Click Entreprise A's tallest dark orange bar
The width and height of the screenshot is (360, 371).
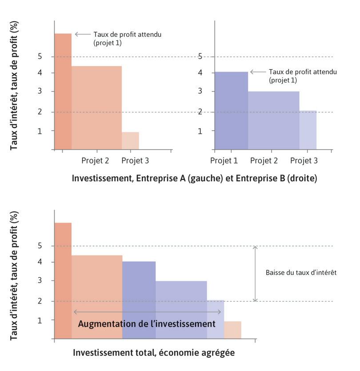[63, 91]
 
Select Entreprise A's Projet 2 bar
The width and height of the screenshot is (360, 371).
[96, 108]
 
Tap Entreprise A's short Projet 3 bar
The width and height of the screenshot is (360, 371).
[130, 140]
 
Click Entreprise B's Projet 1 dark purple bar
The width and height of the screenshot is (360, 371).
[231, 110]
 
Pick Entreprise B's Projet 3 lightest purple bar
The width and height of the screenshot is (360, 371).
[308, 130]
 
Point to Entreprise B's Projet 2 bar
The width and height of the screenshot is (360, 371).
[273, 120]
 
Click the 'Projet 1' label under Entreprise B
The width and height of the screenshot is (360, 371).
[224, 160]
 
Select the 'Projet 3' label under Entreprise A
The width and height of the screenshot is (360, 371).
[135, 160]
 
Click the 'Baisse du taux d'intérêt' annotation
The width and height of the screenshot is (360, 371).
[301, 273]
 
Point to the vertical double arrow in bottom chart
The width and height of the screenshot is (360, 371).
[255, 274]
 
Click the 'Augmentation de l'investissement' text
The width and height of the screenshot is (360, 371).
[147, 324]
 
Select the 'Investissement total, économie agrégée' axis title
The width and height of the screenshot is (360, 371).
[153, 353]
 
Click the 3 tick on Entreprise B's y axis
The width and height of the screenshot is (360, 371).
[200, 92]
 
